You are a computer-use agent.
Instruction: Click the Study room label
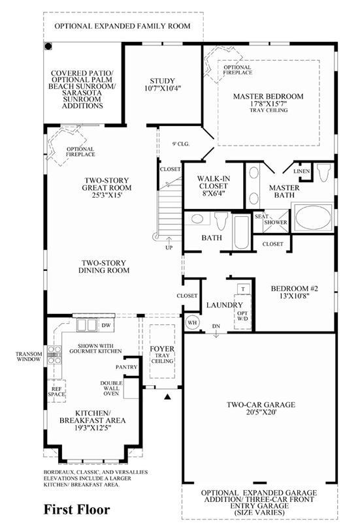[x=162, y=81]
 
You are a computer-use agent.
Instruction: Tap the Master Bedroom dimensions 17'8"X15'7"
[x=269, y=104]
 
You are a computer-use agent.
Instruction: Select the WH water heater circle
[x=192, y=322]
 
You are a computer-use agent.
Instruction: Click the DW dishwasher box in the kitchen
[x=106, y=325]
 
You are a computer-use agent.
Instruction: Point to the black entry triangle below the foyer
[x=167, y=396]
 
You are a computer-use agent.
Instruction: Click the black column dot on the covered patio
[x=48, y=46]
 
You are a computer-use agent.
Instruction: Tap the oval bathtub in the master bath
[x=313, y=217]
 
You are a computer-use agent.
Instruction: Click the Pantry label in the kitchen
[x=126, y=367]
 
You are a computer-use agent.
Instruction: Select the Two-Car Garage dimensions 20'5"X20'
[x=261, y=413]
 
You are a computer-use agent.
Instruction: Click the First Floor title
[x=76, y=510]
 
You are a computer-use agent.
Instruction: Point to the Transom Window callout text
[x=29, y=356]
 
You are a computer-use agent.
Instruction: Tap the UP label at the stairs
[x=169, y=247]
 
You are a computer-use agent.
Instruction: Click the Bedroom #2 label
[x=295, y=289]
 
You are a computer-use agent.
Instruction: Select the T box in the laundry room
[x=243, y=289]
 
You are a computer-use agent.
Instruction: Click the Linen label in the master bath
[x=302, y=171]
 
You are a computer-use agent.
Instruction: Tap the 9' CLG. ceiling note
[x=181, y=144]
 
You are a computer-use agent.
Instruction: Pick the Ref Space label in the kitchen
[x=56, y=392]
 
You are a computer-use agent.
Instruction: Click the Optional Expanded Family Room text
[x=123, y=26]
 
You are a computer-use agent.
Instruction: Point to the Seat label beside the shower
[x=261, y=216]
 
